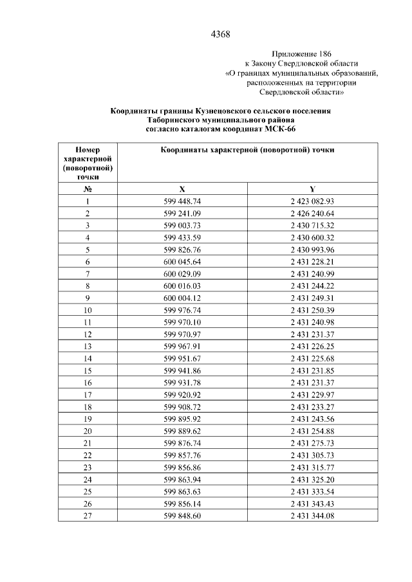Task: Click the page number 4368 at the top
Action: [220, 33]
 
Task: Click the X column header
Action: [182, 190]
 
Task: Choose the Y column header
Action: [312, 190]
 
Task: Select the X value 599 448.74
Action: [182, 201]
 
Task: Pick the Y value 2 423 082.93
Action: [312, 201]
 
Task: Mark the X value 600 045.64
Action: [182, 262]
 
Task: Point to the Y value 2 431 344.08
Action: [312, 516]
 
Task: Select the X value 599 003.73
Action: [182, 225]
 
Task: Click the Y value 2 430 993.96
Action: [312, 250]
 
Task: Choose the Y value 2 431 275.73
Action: [312, 443]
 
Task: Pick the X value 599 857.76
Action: [182, 455]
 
